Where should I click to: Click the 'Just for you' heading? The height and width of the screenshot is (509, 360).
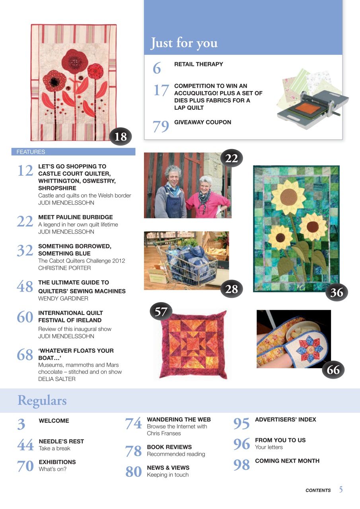click(x=184, y=43)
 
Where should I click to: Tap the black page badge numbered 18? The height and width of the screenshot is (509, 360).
click(x=121, y=137)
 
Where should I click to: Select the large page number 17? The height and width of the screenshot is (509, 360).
click(x=161, y=90)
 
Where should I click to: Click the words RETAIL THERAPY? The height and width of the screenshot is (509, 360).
click(x=198, y=64)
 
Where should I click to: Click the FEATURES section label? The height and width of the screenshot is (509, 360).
click(x=31, y=152)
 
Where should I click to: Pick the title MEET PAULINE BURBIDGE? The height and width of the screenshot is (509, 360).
click(x=76, y=217)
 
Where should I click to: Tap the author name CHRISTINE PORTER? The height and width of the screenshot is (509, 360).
click(x=64, y=268)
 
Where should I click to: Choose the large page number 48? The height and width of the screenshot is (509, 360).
click(x=25, y=286)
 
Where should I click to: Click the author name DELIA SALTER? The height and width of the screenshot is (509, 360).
click(x=57, y=379)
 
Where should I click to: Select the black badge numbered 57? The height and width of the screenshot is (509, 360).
click(x=161, y=312)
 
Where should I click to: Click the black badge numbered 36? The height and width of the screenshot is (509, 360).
click(x=337, y=293)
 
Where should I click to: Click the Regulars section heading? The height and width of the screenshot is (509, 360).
click(x=42, y=400)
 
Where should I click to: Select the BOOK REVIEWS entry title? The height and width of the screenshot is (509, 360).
click(x=169, y=447)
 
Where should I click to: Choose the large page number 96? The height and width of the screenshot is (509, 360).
click(x=241, y=444)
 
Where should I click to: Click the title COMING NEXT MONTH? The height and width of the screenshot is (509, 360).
click(x=287, y=461)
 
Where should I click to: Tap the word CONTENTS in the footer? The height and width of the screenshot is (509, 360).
click(x=318, y=490)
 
